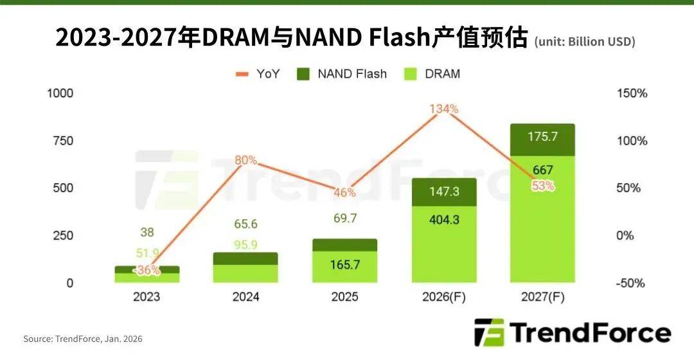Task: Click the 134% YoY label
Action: (x=444, y=109)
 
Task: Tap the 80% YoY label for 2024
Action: (x=246, y=159)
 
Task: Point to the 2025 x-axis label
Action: (x=345, y=297)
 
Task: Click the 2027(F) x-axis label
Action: (x=543, y=297)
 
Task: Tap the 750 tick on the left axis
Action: (x=61, y=141)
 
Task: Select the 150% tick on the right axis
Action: (x=632, y=93)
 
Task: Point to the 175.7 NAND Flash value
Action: (x=543, y=137)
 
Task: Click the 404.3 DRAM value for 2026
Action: (x=444, y=219)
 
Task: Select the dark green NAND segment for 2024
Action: (x=246, y=258)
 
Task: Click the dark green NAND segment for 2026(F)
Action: (x=444, y=192)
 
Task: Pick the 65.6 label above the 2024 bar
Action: (x=246, y=224)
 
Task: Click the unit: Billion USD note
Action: (x=585, y=42)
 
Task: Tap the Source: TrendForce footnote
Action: (x=83, y=339)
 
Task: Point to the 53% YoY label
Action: (x=543, y=186)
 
